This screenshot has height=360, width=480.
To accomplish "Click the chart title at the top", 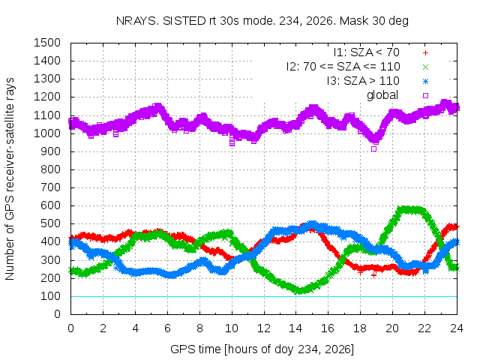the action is pos(262,21).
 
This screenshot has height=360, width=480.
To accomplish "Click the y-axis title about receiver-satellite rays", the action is pos(10,178).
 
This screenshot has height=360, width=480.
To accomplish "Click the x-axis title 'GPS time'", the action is pos(262,349).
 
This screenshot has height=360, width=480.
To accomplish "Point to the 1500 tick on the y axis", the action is pos(47,43).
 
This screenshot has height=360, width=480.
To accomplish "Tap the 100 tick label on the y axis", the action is pos(50,296).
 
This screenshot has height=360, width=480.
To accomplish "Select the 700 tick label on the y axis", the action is pos(50,187).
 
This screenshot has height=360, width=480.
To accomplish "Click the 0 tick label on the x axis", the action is pos(70,328).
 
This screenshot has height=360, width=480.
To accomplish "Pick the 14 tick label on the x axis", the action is pos(295,328).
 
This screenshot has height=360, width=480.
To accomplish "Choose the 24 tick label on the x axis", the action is pos(457,328).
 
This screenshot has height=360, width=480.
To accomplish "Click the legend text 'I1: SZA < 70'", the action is pos(367,52).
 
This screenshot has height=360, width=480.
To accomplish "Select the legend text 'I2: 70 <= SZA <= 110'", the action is pos(343,67).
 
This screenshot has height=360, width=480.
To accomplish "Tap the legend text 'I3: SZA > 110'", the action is pos(363,81).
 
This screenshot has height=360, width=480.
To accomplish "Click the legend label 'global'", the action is pos(382,95).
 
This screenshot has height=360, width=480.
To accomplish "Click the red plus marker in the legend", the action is pos(425,53).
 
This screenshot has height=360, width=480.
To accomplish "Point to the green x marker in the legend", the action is pos(425,67).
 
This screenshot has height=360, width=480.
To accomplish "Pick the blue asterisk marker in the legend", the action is pos(425,82).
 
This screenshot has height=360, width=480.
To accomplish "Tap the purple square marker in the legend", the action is pos(425,95).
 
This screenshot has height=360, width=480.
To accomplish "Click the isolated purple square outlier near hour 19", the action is pos(373,149).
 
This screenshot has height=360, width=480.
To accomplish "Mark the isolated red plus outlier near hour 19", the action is pos(373,275).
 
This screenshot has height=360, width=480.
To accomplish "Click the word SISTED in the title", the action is pos(184,21).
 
